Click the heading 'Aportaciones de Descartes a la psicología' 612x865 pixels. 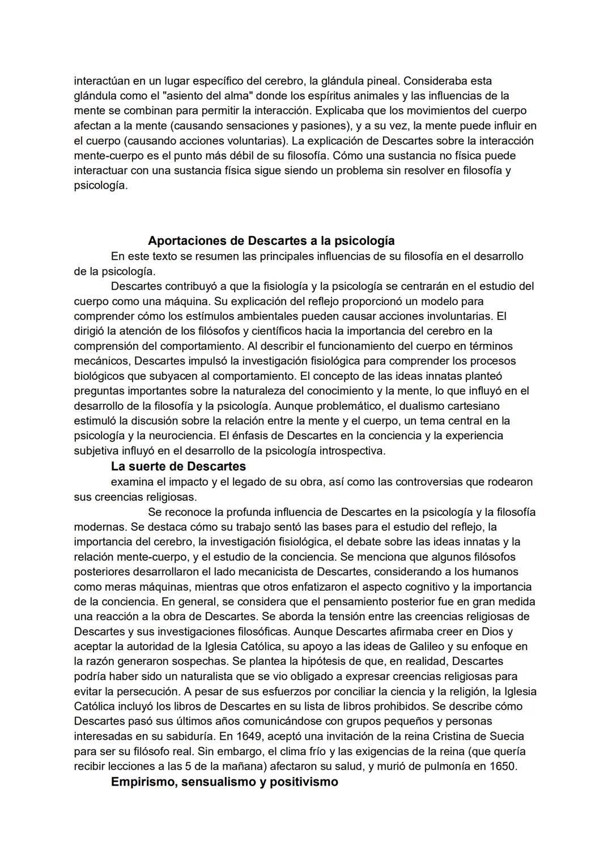pos(271,240)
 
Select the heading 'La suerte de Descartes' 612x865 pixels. pos(178,467)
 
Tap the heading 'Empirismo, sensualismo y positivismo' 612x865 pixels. pos(224,782)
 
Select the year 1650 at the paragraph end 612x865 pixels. pos(504,766)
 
